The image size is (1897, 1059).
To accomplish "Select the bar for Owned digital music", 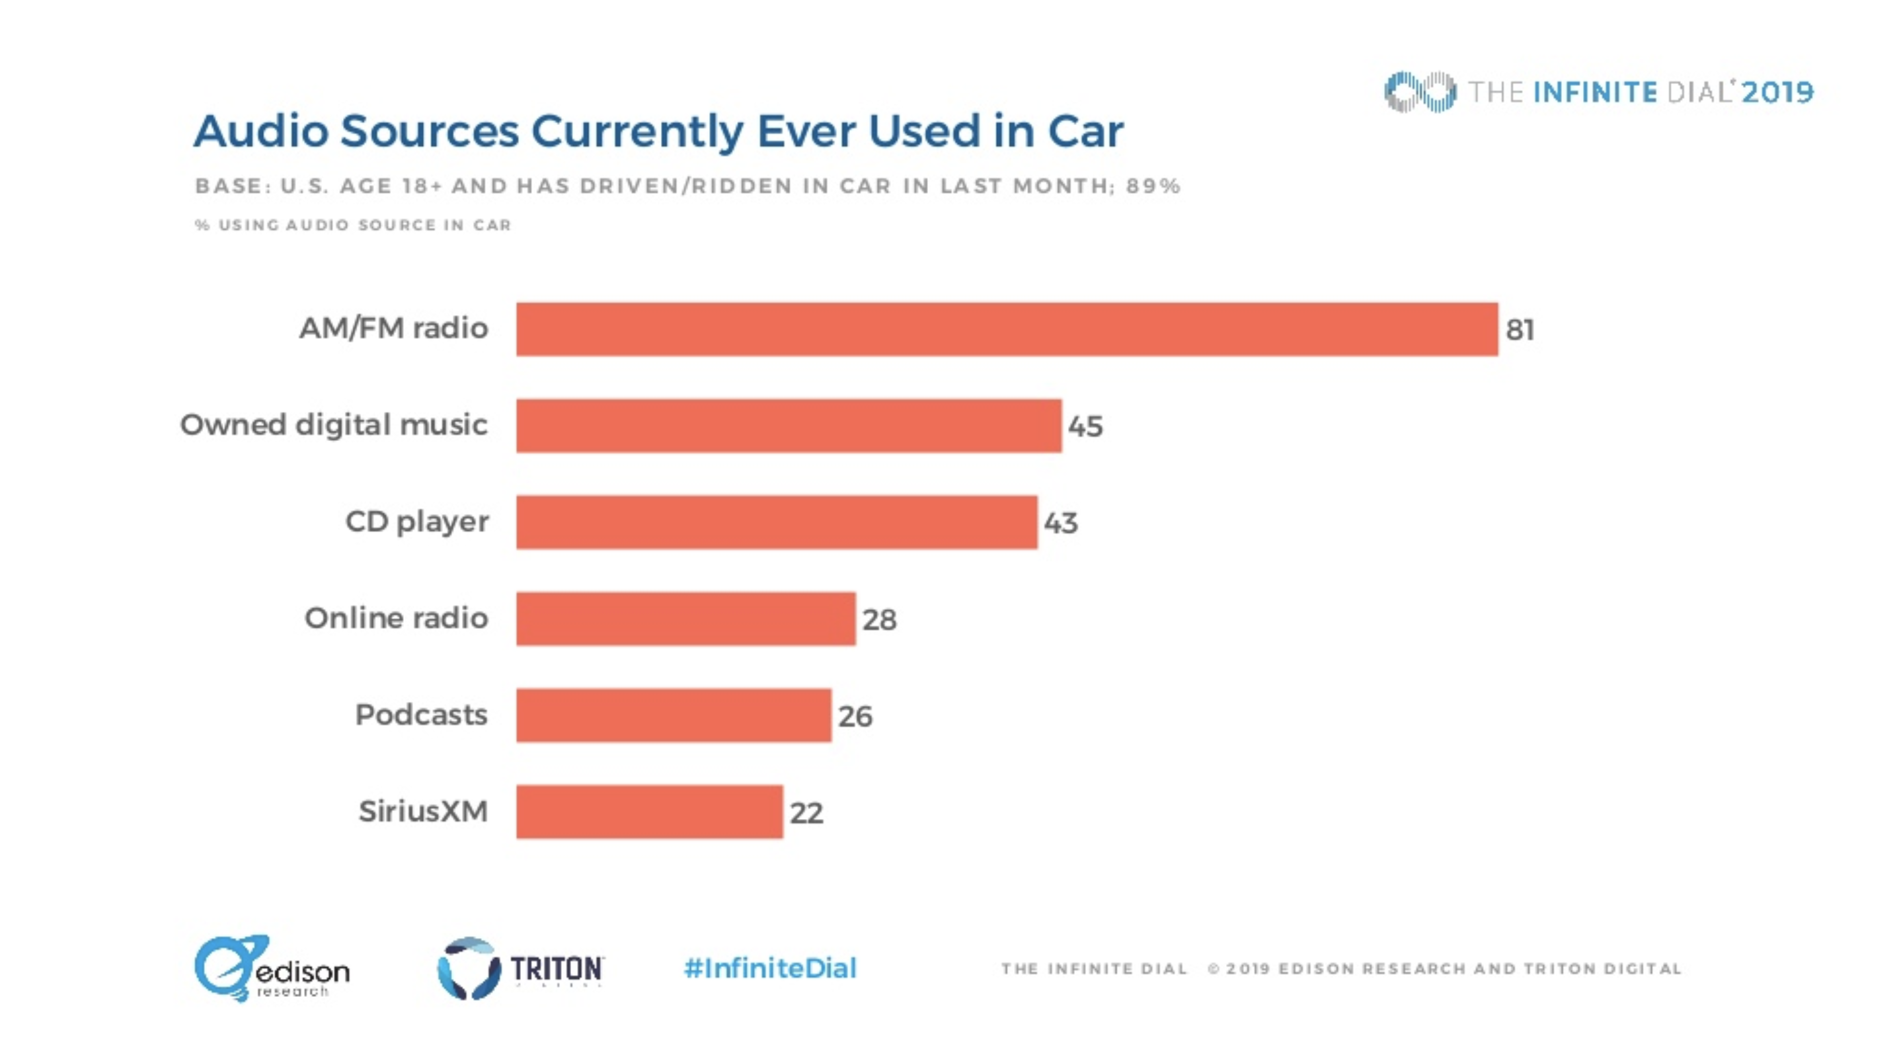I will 788,426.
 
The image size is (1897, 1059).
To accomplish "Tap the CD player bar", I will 776,522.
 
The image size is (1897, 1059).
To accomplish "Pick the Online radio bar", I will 685,619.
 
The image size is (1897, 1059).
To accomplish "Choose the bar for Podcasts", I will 673,715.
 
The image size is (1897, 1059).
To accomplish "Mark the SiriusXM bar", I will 649,812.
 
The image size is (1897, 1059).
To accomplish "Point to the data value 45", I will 1085,426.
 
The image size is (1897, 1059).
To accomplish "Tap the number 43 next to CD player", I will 1060,523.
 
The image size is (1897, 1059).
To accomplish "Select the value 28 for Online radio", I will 879,619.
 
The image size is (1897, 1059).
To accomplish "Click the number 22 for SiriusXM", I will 806,813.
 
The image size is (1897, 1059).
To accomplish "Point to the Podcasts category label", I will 420,715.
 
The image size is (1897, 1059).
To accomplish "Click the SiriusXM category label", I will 423,811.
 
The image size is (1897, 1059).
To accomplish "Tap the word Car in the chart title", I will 1085,131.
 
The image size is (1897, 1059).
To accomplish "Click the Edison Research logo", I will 271,968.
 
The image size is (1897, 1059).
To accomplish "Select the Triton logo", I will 520,968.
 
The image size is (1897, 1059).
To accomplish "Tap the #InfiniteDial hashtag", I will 769,968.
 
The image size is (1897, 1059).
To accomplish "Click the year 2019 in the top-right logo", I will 1777,92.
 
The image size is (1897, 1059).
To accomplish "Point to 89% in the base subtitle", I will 1153,186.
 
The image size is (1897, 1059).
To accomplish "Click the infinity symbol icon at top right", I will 1419,92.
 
